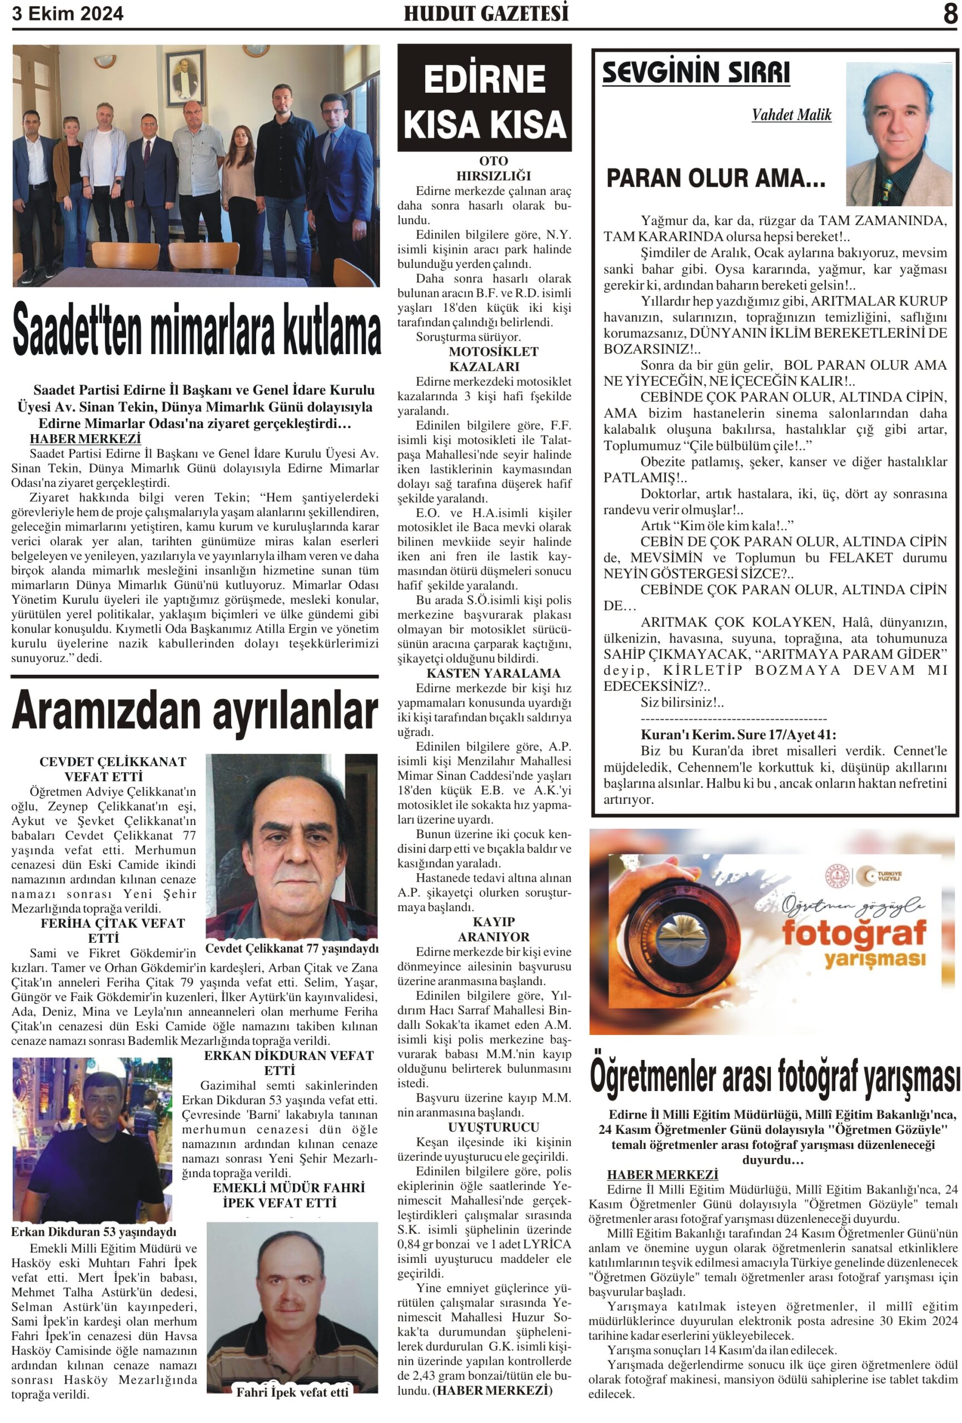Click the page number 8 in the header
pos(949,13)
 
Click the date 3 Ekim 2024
pos(67,13)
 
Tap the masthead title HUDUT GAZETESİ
pos(486,13)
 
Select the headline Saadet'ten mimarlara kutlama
pos(196,331)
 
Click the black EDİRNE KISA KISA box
pos(485,98)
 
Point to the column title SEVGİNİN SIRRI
pos(696,73)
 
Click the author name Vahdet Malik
pos(791,115)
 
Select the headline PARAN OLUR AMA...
pos(715,179)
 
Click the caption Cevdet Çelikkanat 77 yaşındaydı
pos(291,948)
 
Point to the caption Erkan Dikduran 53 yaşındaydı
pos(93,1231)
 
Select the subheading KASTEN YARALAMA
pos(485,673)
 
